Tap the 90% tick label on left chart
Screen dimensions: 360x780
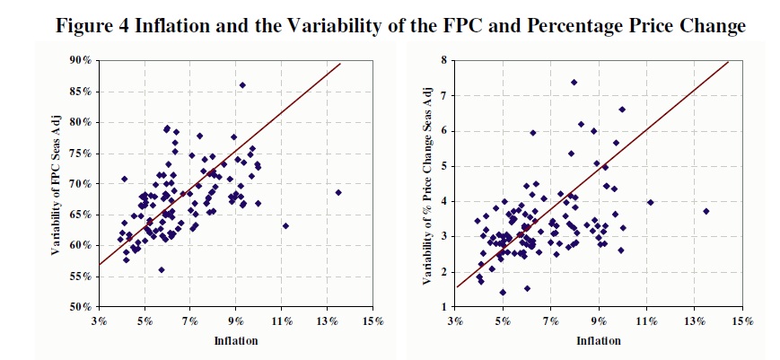click(x=82, y=60)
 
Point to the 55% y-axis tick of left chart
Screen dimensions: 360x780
click(x=82, y=276)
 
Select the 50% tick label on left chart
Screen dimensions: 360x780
click(x=82, y=307)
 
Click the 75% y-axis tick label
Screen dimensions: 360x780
click(x=82, y=153)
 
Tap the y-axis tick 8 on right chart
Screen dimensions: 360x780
click(x=443, y=60)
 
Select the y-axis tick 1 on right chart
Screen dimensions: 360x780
click(x=443, y=307)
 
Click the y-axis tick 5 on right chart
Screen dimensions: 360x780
click(x=443, y=166)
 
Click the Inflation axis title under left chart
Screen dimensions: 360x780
click(x=234, y=340)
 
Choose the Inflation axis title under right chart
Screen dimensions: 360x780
click(x=599, y=340)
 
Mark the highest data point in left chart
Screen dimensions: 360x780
click(x=242, y=85)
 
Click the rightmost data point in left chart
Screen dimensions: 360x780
click(x=338, y=192)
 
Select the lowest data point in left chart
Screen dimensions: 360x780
click(x=162, y=269)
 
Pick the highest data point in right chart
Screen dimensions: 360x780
click(x=574, y=82)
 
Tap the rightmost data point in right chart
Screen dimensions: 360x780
click(x=706, y=211)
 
